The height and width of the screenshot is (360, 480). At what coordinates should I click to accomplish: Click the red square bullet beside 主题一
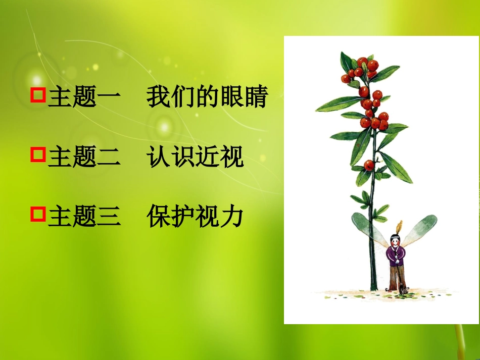point(39,95)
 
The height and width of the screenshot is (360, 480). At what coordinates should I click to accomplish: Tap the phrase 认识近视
point(195,157)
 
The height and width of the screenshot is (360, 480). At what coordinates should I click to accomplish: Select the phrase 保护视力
point(195,217)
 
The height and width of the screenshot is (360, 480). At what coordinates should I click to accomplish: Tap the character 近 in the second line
point(208,157)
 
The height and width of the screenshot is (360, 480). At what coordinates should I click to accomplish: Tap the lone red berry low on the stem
point(369,164)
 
